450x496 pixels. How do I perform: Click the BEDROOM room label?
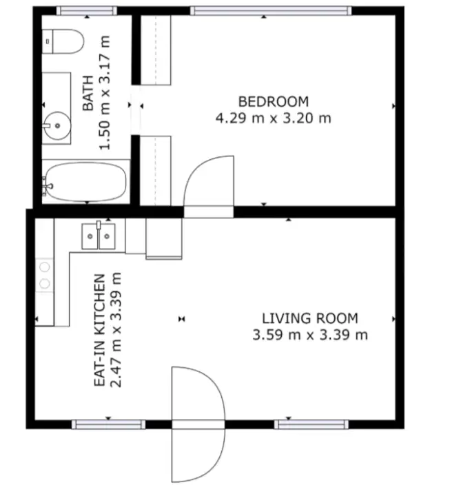pos(273,101)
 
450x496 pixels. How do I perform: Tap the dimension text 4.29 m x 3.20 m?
pos(273,118)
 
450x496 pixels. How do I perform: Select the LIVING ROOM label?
pos(309,318)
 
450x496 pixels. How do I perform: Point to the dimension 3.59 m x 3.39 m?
pos(309,335)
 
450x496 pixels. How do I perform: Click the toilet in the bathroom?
pos(63,42)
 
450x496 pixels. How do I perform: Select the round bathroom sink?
pos(56,125)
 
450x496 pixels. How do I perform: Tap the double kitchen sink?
pos(99,236)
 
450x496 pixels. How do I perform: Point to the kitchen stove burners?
pos(45,274)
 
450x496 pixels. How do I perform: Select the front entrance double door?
pos(198,423)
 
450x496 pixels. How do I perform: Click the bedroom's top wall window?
pos(270,10)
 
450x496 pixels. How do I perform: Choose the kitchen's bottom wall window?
pos(108,423)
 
